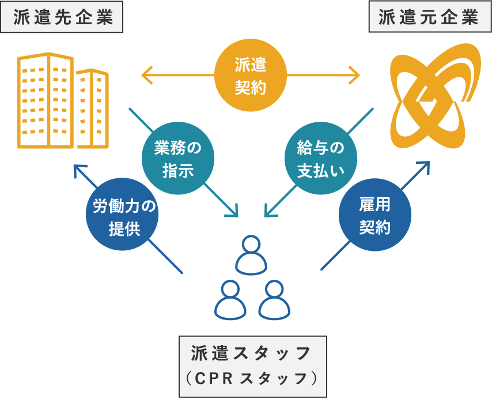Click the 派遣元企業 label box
pyautogui.click(x=429, y=17)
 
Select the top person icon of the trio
pyautogui.click(x=251, y=254)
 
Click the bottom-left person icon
pyautogui.click(x=229, y=301)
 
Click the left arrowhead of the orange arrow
pyautogui.click(x=146, y=75)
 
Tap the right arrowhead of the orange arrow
pyautogui.click(x=354, y=75)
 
